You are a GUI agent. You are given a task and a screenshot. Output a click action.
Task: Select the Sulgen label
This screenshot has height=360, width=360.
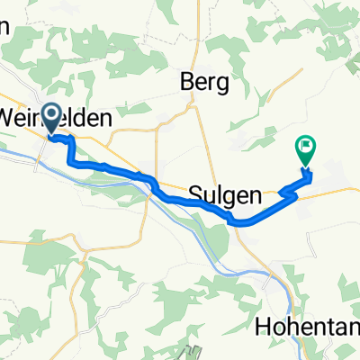[226, 193]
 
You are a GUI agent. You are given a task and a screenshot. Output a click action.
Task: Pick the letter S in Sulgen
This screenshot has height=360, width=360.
[197, 193]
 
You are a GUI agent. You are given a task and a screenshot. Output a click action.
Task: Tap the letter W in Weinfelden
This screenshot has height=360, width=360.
[11, 118]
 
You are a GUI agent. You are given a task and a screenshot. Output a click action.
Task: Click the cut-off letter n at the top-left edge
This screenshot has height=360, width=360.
[4, 28]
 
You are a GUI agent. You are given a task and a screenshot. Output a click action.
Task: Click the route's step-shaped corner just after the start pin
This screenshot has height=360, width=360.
[70, 144]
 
